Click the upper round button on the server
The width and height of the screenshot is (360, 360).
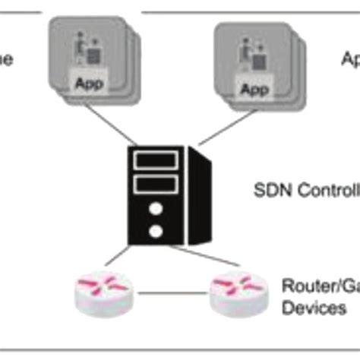point(156,208)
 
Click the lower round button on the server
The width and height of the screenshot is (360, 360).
point(156,230)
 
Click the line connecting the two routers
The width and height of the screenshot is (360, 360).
point(171,292)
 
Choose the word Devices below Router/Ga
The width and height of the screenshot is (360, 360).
point(314,308)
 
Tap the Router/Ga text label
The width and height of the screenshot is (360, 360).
point(319,286)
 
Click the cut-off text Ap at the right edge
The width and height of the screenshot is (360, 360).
point(349,58)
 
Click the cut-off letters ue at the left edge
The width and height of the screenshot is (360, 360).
point(6,59)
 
